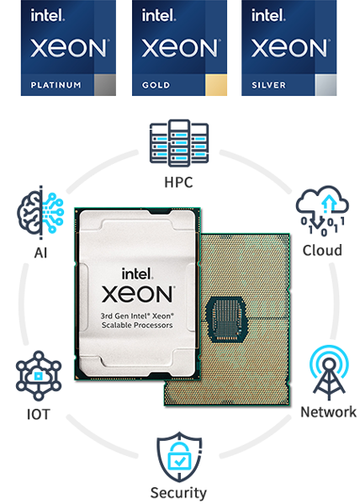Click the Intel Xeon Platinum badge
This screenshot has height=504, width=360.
[x=68, y=49]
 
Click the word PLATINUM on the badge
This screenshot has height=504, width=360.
[x=56, y=85]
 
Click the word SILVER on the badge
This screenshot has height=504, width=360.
[x=268, y=85]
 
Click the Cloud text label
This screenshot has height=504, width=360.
[x=322, y=250]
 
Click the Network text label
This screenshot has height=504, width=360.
[x=328, y=412]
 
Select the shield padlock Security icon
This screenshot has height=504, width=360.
[x=178, y=455]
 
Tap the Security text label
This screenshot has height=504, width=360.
[x=178, y=493]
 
